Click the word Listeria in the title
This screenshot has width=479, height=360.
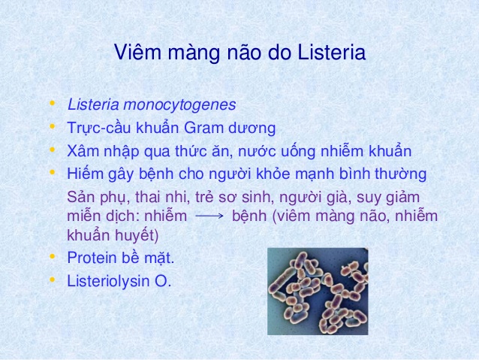[x=331, y=52]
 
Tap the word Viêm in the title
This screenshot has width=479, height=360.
[x=137, y=52]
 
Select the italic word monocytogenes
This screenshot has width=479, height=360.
[x=179, y=105]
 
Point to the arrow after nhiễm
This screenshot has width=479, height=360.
[x=209, y=216]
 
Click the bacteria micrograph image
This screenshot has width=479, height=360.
[x=318, y=291]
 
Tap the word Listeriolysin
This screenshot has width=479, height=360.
[x=108, y=281]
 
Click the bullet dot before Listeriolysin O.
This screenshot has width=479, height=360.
[x=53, y=280]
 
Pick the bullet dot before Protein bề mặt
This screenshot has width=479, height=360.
[x=53, y=256]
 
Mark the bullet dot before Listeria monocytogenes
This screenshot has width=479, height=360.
[x=53, y=103]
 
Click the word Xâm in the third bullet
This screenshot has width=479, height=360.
[x=83, y=151]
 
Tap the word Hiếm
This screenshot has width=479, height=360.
[x=86, y=174]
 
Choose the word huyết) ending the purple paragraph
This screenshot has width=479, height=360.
[x=137, y=235]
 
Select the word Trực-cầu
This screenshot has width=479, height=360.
[x=99, y=128]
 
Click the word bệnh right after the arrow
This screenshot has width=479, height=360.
[x=249, y=216]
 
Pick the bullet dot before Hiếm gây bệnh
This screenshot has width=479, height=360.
[x=53, y=172]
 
